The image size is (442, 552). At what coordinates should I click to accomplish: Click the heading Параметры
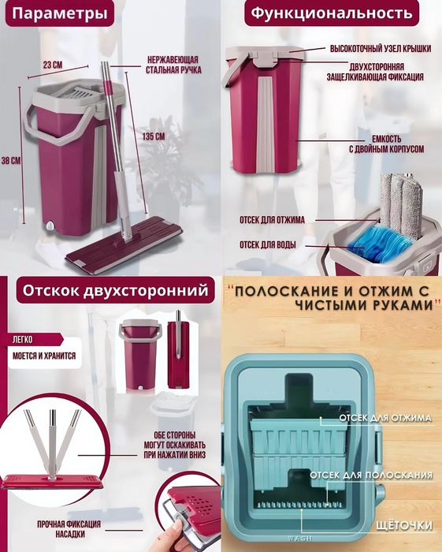pyautogui.click(x=60, y=13)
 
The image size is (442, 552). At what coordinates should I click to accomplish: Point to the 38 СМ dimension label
pyautogui.click(x=10, y=160)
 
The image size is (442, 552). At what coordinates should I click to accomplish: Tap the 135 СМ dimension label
pyautogui.click(x=154, y=136)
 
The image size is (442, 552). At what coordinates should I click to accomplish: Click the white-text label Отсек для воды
pyautogui.click(x=268, y=244)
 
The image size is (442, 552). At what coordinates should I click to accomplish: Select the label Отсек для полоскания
pyautogui.click(x=370, y=476)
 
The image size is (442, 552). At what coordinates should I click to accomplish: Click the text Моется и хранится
pyautogui.click(x=44, y=356)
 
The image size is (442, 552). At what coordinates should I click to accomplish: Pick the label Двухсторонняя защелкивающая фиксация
pyautogui.click(x=375, y=72)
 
